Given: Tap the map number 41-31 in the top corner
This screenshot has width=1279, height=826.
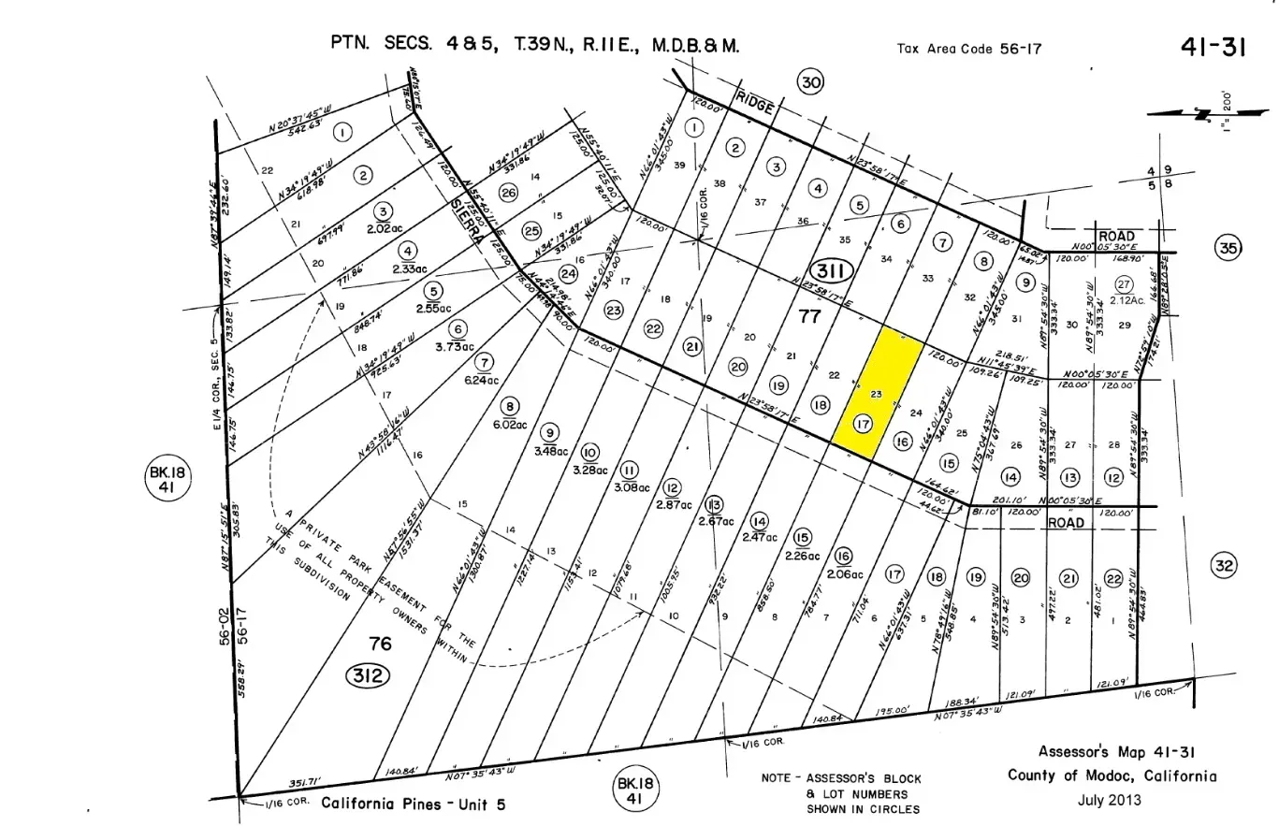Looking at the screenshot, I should (1213, 48).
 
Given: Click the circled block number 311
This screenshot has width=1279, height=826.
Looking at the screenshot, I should (830, 272).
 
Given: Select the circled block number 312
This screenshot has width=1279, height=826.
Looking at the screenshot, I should (368, 674).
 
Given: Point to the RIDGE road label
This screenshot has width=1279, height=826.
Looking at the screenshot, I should (755, 103).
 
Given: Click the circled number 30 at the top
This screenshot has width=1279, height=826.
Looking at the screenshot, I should (810, 83).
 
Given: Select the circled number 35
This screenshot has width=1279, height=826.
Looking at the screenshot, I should (1228, 248).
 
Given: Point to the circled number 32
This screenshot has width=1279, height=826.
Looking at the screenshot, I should (1224, 565).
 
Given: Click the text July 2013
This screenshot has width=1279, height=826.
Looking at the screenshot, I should (1109, 800).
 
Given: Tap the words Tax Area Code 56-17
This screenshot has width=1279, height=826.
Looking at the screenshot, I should (968, 49).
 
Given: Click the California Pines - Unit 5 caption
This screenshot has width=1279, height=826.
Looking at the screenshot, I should (413, 804).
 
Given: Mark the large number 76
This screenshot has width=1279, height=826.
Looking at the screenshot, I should (380, 644).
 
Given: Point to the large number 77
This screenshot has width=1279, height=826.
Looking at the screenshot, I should (809, 316).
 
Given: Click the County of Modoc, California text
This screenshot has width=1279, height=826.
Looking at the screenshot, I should (1112, 775).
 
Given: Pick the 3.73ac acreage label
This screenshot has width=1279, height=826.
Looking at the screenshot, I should (454, 347).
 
